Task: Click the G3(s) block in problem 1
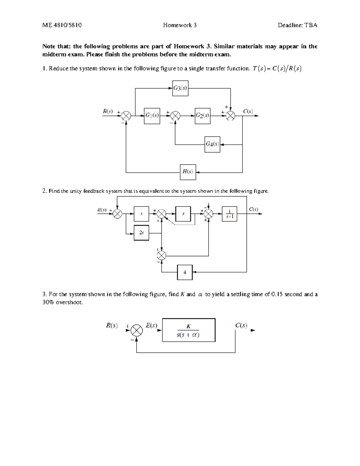click(x=180, y=88)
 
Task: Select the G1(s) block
click(x=152, y=116)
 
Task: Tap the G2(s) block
click(x=202, y=116)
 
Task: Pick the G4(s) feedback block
click(x=212, y=144)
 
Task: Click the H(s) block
click(x=188, y=172)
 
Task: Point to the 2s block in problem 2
click(x=141, y=233)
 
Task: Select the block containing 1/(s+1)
click(x=229, y=214)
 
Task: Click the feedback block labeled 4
click(x=185, y=272)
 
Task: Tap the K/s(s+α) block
click(x=189, y=330)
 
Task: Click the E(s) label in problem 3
click(x=151, y=325)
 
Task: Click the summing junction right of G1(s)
click(x=175, y=116)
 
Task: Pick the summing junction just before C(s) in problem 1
click(x=230, y=116)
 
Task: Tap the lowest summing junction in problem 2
click(x=162, y=256)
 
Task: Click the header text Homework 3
click(x=180, y=25)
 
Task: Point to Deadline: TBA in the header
click(x=297, y=25)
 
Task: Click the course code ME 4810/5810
click(x=62, y=25)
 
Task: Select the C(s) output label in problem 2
click(x=253, y=209)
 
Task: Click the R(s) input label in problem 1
click(x=108, y=111)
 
